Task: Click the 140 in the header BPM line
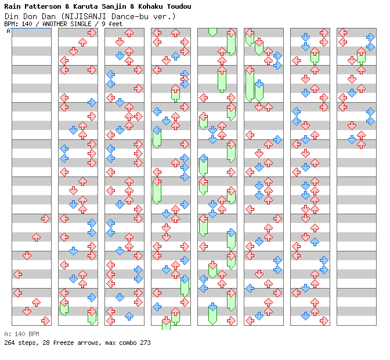[x=26, y=24]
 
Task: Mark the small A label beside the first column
[x=8, y=31]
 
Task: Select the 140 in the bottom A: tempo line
[x=19, y=334]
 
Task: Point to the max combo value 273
[x=145, y=343]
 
